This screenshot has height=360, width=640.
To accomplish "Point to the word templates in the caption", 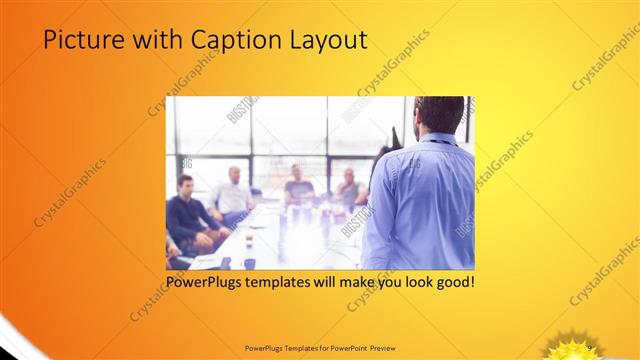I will (x=290, y=283).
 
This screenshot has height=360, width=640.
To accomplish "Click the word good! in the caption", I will (x=452, y=283).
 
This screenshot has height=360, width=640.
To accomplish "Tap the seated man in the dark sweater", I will (x=186, y=215).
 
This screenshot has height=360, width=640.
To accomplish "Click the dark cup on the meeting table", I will (x=249, y=263).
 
